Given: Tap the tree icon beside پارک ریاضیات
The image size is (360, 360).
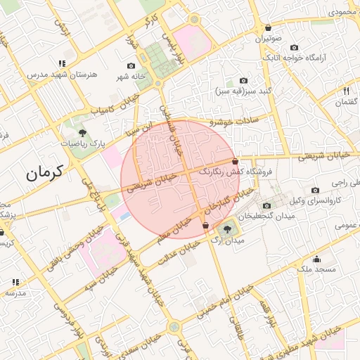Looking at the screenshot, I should [82, 132].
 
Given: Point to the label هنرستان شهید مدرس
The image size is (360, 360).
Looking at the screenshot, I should [57, 74].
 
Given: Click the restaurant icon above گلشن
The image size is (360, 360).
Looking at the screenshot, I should [346, 90].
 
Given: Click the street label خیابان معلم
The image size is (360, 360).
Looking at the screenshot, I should [175, 228].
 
